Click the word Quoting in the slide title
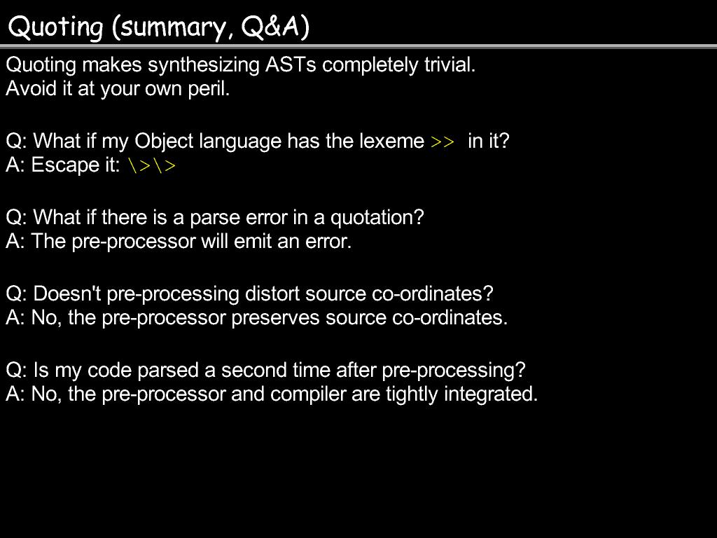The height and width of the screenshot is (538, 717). coord(56,27)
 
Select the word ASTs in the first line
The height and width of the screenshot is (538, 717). coord(291,64)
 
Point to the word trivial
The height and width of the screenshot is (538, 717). coord(450,64)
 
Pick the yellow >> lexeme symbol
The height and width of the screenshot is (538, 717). coord(443,142)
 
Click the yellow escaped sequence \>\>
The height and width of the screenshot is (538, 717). coord(152,165)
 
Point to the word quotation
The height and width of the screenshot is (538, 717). coord(377,218)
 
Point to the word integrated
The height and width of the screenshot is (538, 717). coord(491,394)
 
